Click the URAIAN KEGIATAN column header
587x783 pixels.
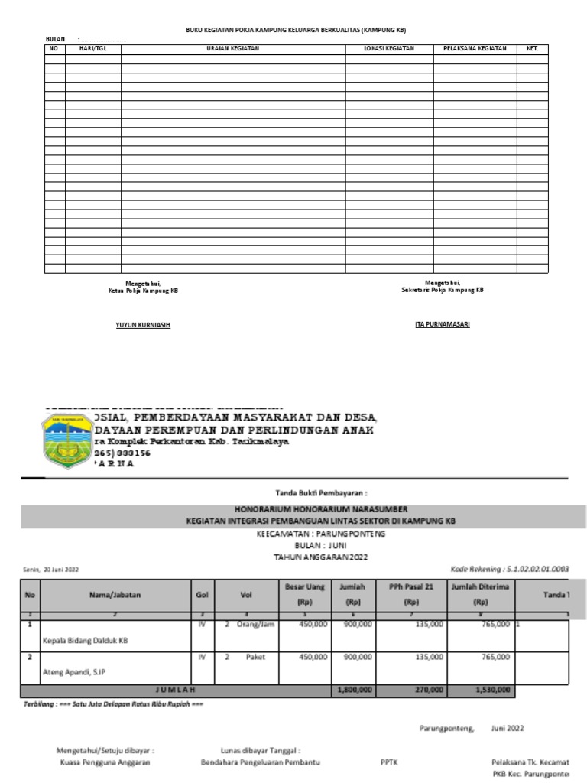click(x=233, y=48)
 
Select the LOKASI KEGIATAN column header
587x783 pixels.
click(x=389, y=48)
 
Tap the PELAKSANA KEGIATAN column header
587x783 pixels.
click(x=475, y=48)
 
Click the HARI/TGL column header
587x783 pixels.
click(x=92, y=48)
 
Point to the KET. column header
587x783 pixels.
click(x=532, y=48)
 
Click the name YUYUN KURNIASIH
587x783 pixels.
click(x=143, y=325)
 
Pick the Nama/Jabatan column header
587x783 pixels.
click(x=114, y=593)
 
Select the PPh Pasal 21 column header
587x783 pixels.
click(x=410, y=593)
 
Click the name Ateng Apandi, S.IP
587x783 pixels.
click(x=74, y=673)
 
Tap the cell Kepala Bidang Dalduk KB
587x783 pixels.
click(x=85, y=641)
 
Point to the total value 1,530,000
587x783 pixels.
click(x=490, y=690)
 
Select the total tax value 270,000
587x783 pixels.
click(x=426, y=690)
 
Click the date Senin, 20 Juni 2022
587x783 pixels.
click(x=50, y=570)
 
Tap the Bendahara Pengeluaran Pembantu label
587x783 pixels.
click(x=260, y=762)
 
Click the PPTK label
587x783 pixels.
click(x=388, y=762)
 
